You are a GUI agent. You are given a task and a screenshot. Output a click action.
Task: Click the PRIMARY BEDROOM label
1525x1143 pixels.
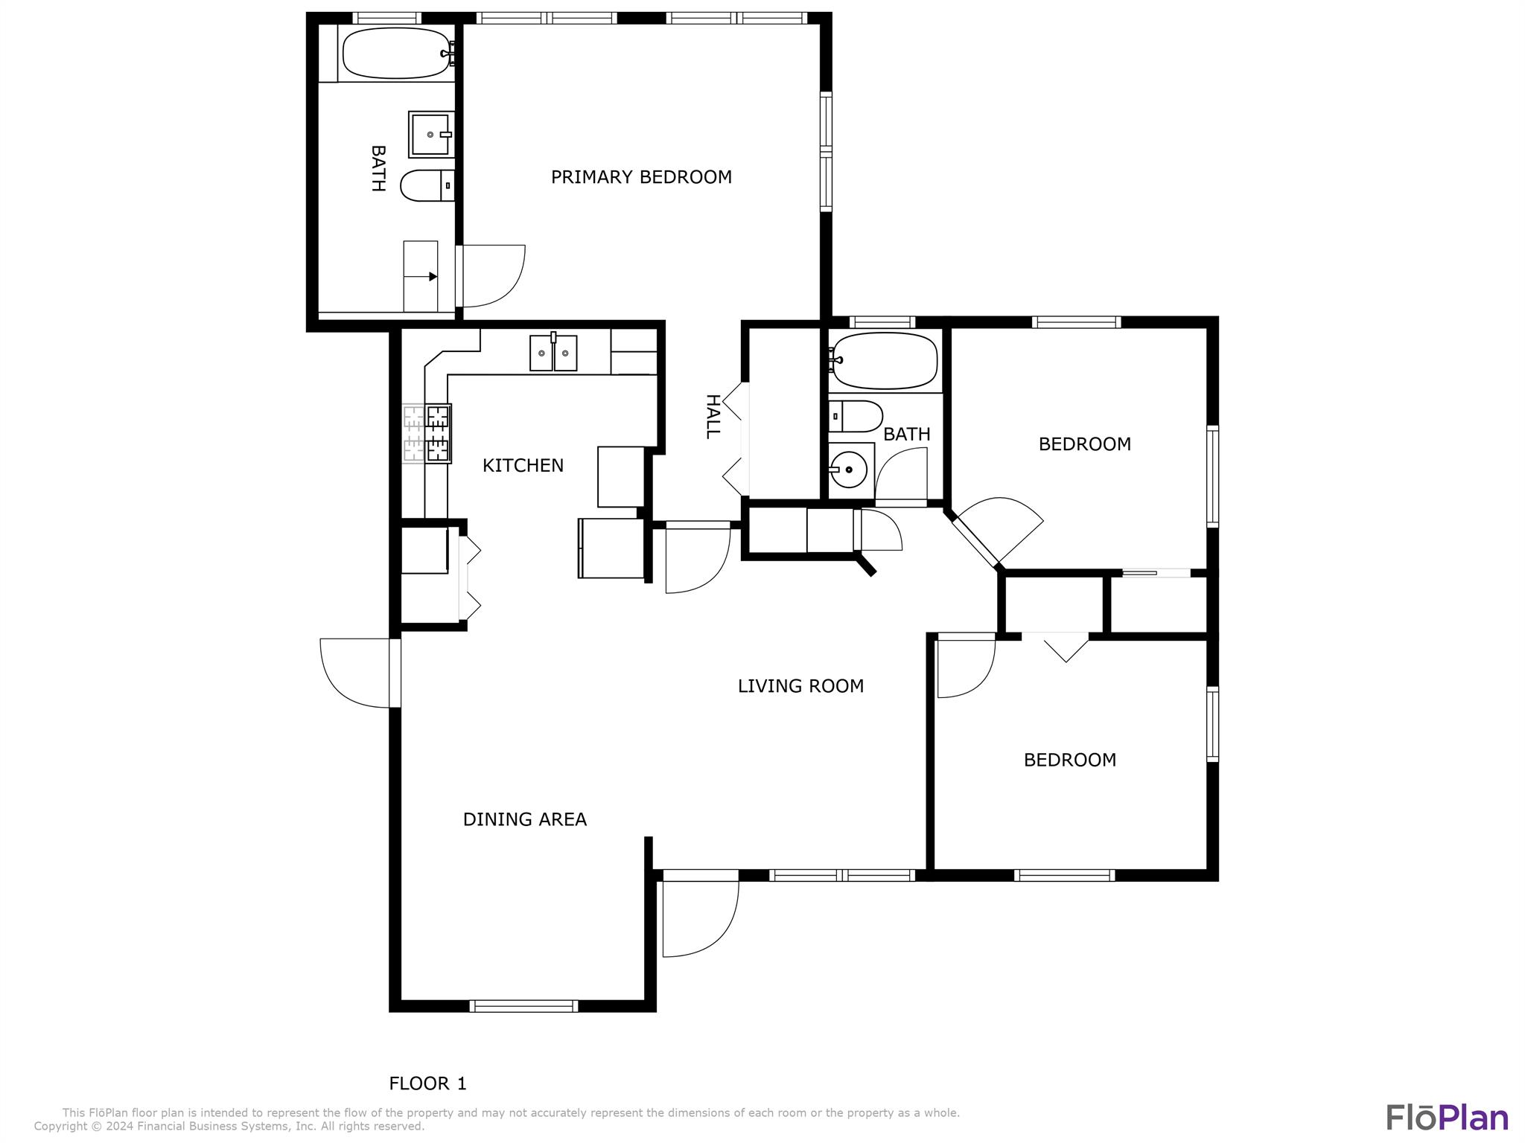pyautogui.click(x=641, y=177)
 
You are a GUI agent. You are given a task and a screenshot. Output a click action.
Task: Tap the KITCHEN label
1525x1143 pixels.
pyautogui.click(x=523, y=466)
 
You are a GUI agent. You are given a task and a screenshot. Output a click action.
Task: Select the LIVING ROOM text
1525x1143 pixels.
pyautogui.click(x=800, y=686)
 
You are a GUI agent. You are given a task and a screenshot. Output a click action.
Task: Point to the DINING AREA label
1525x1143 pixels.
pyautogui.click(x=525, y=819)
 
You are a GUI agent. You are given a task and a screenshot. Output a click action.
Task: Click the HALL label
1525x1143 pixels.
pyautogui.click(x=713, y=417)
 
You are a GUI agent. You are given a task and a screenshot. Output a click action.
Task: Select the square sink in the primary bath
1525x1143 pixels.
pyautogui.click(x=430, y=135)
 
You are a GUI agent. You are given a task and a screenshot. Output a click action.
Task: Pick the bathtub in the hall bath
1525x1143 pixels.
pyautogui.click(x=884, y=361)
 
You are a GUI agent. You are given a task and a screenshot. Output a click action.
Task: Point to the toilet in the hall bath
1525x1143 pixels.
pyautogui.click(x=856, y=417)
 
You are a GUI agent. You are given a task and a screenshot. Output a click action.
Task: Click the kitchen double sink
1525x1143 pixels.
pyautogui.click(x=553, y=353)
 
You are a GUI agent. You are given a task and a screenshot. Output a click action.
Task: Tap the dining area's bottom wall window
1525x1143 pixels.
pyautogui.click(x=523, y=1006)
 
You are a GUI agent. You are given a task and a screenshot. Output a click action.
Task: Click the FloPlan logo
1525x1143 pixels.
pyautogui.click(x=1447, y=1118)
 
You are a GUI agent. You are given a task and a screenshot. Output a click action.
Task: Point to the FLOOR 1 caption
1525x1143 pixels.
pyautogui.click(x=427, y=1083)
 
